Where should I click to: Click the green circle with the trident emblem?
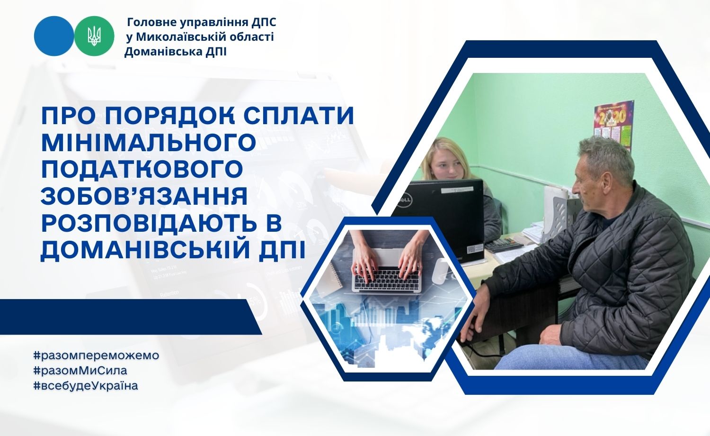pos(95,36)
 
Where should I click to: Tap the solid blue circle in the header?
pos(54,36)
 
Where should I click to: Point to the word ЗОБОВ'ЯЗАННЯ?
pos(144,196)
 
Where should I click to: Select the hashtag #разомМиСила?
pos(80,370)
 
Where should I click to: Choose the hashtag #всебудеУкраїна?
pos(86,386)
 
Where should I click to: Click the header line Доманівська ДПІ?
pos(175,52)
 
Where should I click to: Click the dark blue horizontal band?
pos(131,317)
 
